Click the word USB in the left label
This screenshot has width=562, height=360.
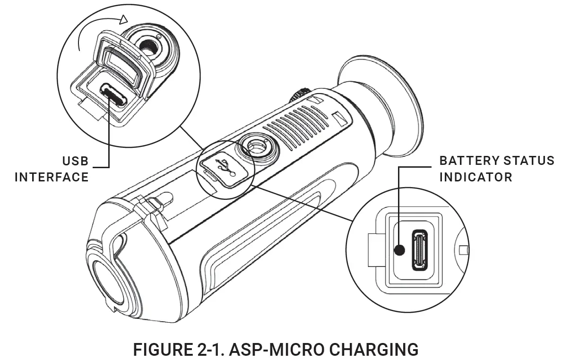coord(75,162)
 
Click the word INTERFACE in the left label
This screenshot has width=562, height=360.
coord(52,177)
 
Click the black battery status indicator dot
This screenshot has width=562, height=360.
coord(399,250)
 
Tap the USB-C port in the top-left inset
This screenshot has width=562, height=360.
coord(113,95)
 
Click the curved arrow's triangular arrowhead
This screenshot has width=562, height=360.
coord(124,19)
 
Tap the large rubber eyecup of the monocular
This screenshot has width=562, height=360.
coord(378,109)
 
